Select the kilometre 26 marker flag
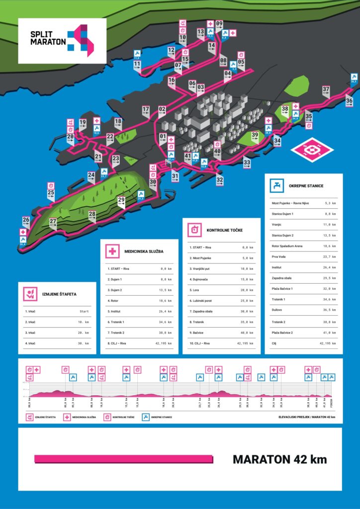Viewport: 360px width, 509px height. [x=26, y=220]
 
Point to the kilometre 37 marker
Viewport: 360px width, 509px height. [x=326, y=90]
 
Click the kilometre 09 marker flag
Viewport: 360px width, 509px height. [x=219, y=24]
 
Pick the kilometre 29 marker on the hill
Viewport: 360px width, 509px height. [x=121, y=200]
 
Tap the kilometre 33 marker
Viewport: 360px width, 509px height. [x=247, y=163]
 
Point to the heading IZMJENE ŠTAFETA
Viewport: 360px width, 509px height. [x=59, y=293]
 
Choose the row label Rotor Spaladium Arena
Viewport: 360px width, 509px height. [x=290, y=246]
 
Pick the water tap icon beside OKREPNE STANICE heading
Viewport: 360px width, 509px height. [x=276, y=186]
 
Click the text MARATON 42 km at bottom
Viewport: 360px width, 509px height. [x=279, y=459]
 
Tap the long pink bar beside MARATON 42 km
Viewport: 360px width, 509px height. [x=124, y=459]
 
